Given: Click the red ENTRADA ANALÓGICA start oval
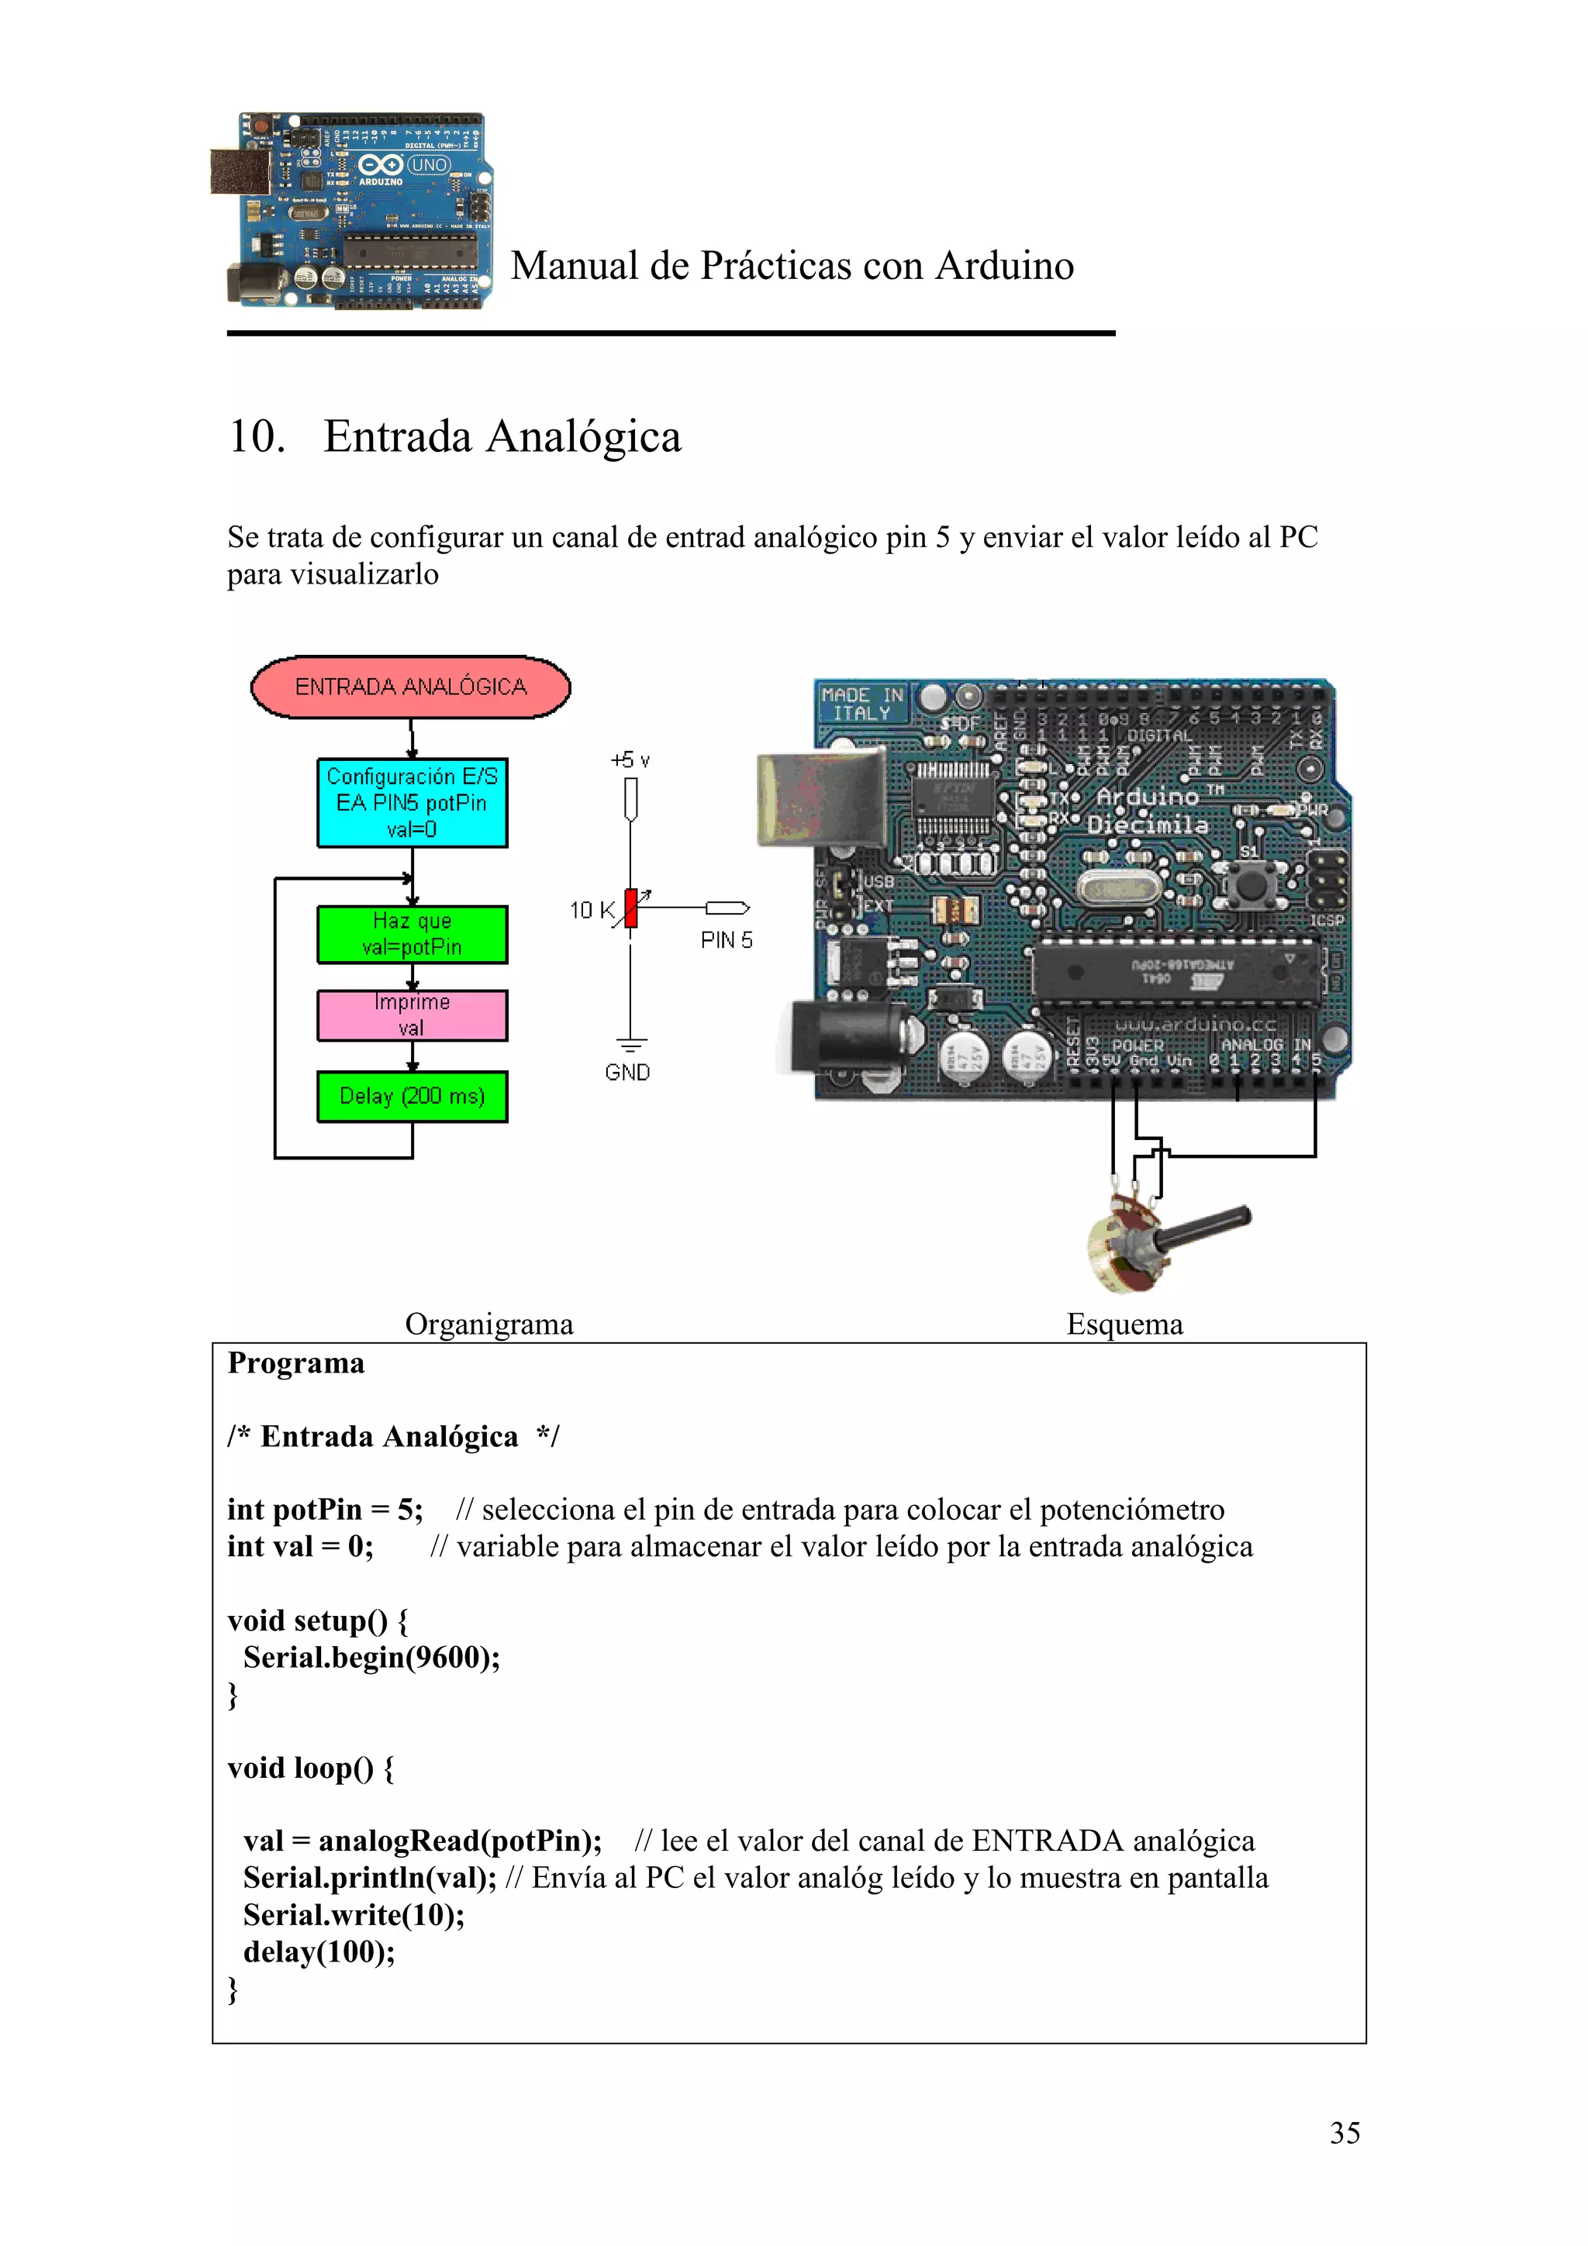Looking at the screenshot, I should click(x=411, y=687).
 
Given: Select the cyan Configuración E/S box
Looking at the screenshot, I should click(x=412, y=802).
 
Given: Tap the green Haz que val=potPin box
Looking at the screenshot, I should click(x=412, y=934).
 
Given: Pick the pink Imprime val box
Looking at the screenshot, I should click(x=412, y=1015).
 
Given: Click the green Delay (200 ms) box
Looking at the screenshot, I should click(x=412, y=1096).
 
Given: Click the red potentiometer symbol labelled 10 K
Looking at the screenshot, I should click(x=631, y=908).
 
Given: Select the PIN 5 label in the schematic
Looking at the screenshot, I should click(x=726, y=940).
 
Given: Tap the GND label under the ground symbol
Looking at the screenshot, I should click(x=627, y=1072).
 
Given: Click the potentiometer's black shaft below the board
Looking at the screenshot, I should click(x=1203, y=1227).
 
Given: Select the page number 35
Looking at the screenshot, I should click(x=1345, y=2133).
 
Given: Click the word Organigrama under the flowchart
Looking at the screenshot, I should click(x=489, y=1325).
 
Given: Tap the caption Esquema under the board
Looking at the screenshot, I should click(x=1124, y=1325).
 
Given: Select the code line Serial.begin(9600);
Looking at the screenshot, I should click(x=372, y=1657).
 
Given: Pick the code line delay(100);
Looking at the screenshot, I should click(x=319, y=1951).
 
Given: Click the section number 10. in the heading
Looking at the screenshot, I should click(x=257, y=436).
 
